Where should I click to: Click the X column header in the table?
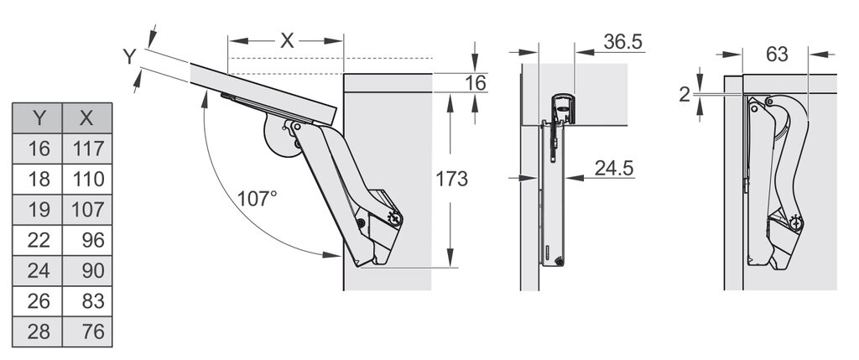click(86, 117)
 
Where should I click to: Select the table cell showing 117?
click(86, 149)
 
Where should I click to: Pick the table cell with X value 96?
click(86, 240)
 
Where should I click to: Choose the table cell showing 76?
click(86, 331)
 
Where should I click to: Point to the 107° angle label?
click(258, 198)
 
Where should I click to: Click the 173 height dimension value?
click(451, 179)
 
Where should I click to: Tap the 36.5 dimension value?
click(623, 42)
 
